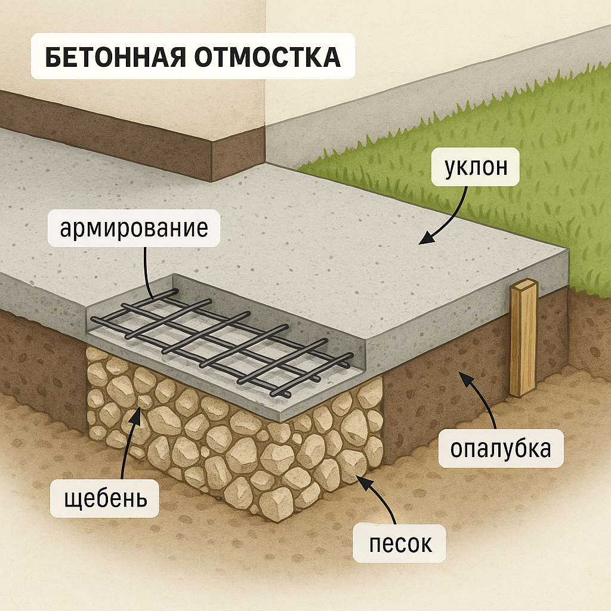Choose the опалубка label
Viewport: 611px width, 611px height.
(x=500, y=449)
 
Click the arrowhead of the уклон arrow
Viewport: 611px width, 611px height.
(x=422, y=240)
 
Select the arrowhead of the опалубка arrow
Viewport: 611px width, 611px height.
(x=461, y=374)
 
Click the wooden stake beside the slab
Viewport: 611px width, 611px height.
(x=523, y=340)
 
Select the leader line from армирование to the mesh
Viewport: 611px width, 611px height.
(x=147, y=269)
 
